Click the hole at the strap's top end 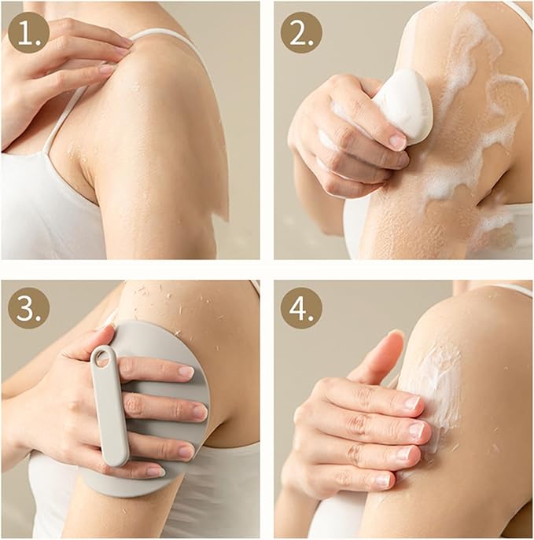[101, 358]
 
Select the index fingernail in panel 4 [411, 402]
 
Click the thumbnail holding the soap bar [398, 142]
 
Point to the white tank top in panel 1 [47, 212]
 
